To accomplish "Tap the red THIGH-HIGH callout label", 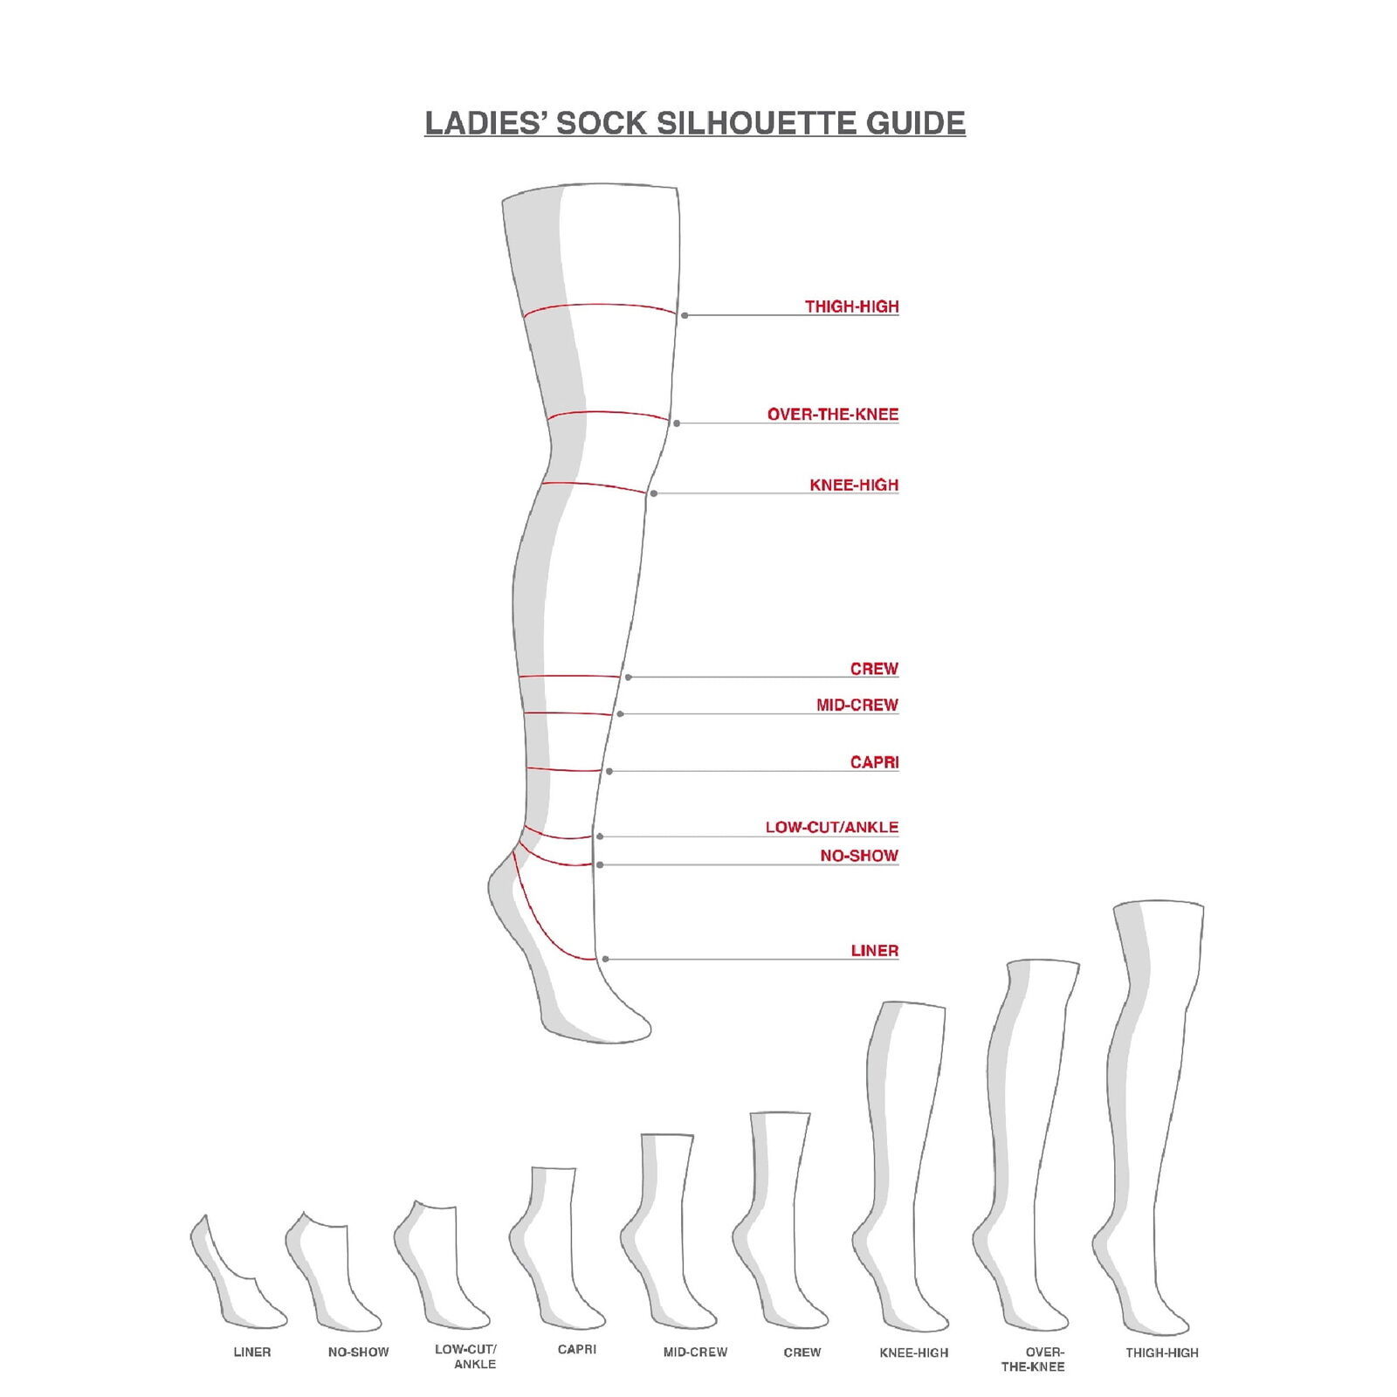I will point(851,306).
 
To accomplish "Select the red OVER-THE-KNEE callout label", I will point(832,415).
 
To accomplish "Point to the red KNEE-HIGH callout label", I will point(853,485).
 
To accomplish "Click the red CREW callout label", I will point(873,669).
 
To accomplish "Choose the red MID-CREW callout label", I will point(857,705).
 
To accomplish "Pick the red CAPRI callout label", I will point(873,762).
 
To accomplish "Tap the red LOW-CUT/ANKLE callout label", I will point(831,827).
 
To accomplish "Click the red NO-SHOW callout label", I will point(858,856).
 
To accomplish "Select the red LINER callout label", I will point(874,951).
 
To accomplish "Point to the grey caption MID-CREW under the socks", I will point(695,1352).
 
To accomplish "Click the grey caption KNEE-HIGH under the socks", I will point(913,1352).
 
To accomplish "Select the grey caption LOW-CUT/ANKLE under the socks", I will point(466,1356).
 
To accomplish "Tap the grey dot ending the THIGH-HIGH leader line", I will point(685,315).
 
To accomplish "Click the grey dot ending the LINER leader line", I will point(605,959).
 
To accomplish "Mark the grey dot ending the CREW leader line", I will point(628,677).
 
